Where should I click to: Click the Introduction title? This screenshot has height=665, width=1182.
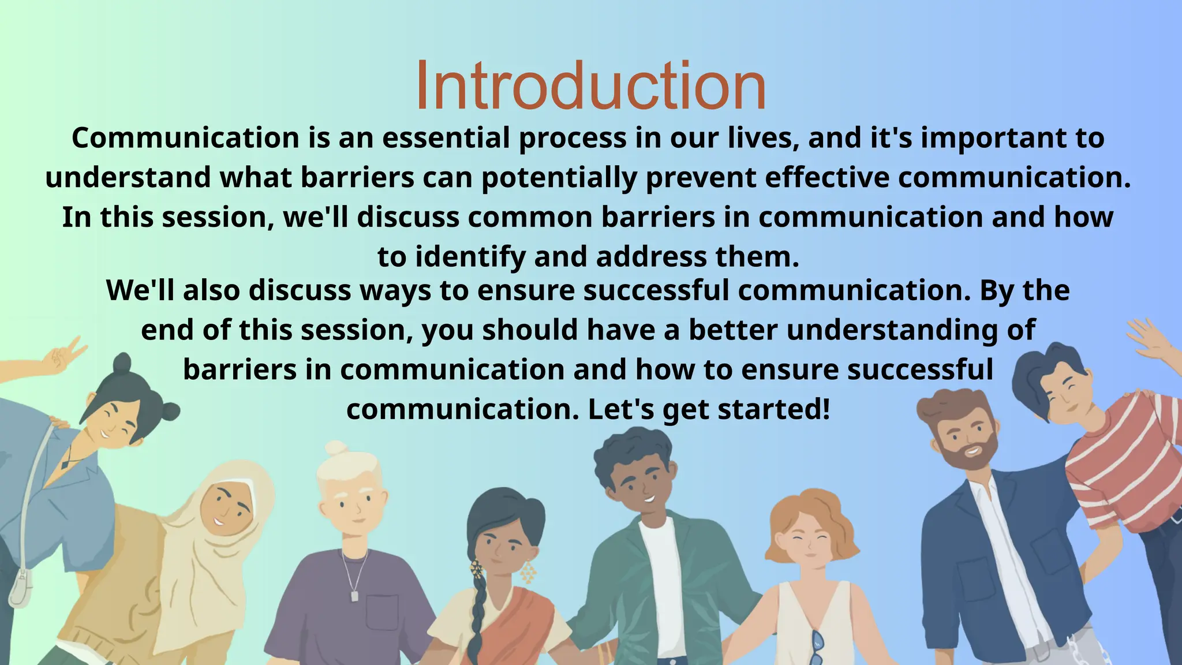click(x=590, y=85)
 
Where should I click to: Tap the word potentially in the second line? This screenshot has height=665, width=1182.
click(x=559, y=178)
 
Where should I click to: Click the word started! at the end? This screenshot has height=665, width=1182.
click(x=773, y=409)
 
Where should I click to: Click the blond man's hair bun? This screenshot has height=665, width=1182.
click(x=335, y=449)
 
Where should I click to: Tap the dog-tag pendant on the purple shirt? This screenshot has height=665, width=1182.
click(x=354, y=595)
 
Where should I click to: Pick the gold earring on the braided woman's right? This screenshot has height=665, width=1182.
click(x=528, y=572)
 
